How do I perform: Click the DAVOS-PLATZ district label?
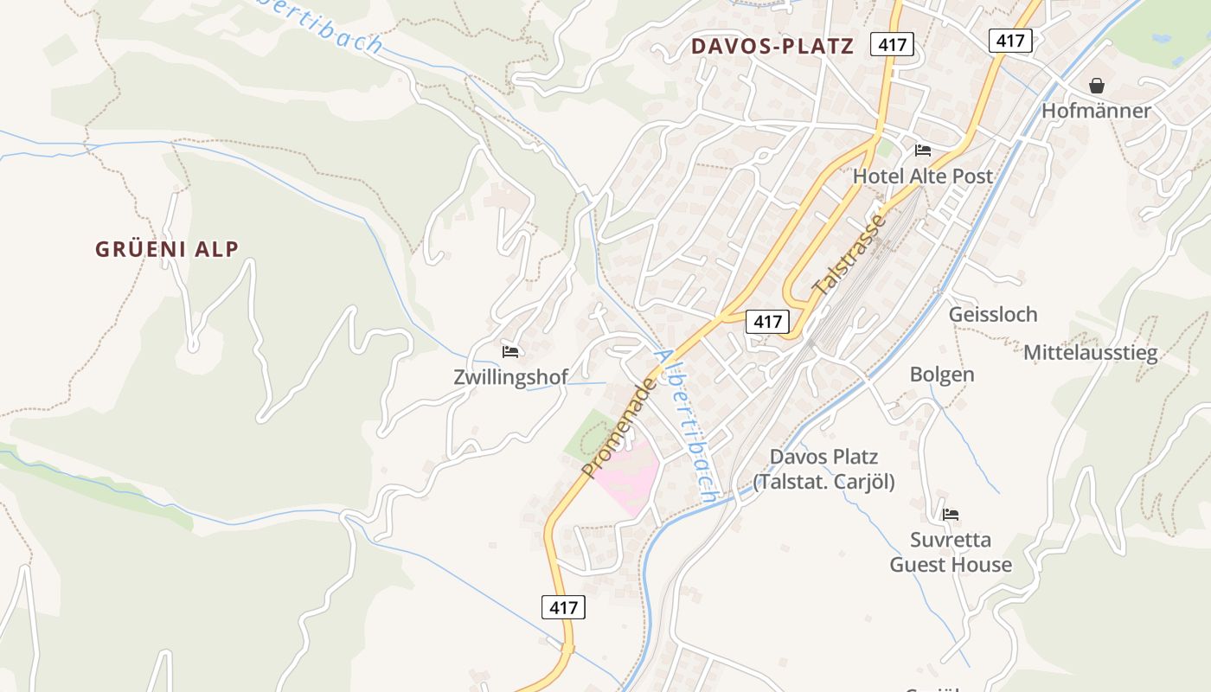click(x=772, y=47)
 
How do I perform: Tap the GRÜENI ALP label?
click(x=167, y=249)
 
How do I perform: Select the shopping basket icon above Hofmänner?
click(x=1097, y=86)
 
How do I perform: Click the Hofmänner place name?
click(x=1096, y=111)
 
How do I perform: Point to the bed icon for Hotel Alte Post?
click(x=923, y=151)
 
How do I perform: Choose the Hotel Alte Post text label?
click(x=922, y=176)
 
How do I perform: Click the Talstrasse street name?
click(x=850, y=254)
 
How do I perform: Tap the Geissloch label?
click(x=992, y=315)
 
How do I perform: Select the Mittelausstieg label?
click(x=1090, y=353)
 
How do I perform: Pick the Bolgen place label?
click(x=941, y=375)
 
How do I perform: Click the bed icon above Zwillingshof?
click(x=510, y=352)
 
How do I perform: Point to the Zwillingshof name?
click(x=510, y=377)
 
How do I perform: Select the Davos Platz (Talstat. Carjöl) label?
click(x=823, y=469)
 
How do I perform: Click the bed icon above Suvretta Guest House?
click(x=951, y=515)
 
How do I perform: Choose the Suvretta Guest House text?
click(x=951, y=553)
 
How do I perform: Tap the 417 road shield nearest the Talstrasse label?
click(x=767, y=322)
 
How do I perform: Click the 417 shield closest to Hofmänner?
click(x=1010, y=40)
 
